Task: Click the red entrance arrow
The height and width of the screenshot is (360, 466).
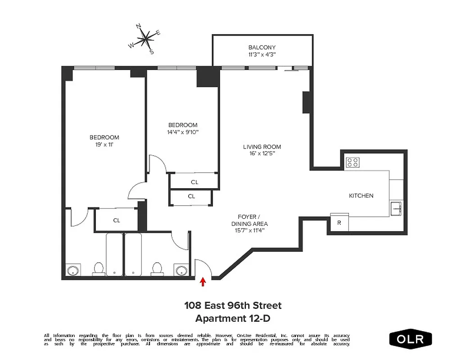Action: [x=203, y=282]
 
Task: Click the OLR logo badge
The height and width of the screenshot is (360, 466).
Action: [x=410, y=339]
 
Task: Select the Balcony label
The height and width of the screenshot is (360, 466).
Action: [x=262, y=47]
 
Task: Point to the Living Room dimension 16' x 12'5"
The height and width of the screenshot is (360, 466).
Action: [x=262, y=153]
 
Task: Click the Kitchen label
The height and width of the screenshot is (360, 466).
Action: [x=361, y=196]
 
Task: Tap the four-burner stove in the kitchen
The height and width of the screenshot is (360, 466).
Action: [x=352, y=162]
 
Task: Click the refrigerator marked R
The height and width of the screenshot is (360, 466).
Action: [x=339, y=222]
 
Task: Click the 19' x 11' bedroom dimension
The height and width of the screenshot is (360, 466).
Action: [x=104, y=144]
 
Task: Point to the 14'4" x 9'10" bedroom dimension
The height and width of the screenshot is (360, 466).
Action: [x=182, y=132]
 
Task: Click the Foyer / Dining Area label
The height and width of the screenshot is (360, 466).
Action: [x=249, y=220]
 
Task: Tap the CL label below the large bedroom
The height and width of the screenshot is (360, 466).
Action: [x=117, y=220]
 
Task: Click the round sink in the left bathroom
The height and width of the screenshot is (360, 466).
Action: [x=72, y=271]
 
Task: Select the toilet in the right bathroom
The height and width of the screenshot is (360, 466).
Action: [x=157, y=269]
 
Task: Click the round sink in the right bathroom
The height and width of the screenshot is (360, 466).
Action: [x=181, y=271]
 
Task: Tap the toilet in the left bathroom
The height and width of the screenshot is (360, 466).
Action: [x=99, y=269]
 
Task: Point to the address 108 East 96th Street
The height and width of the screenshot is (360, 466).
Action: [x=233, y=306]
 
